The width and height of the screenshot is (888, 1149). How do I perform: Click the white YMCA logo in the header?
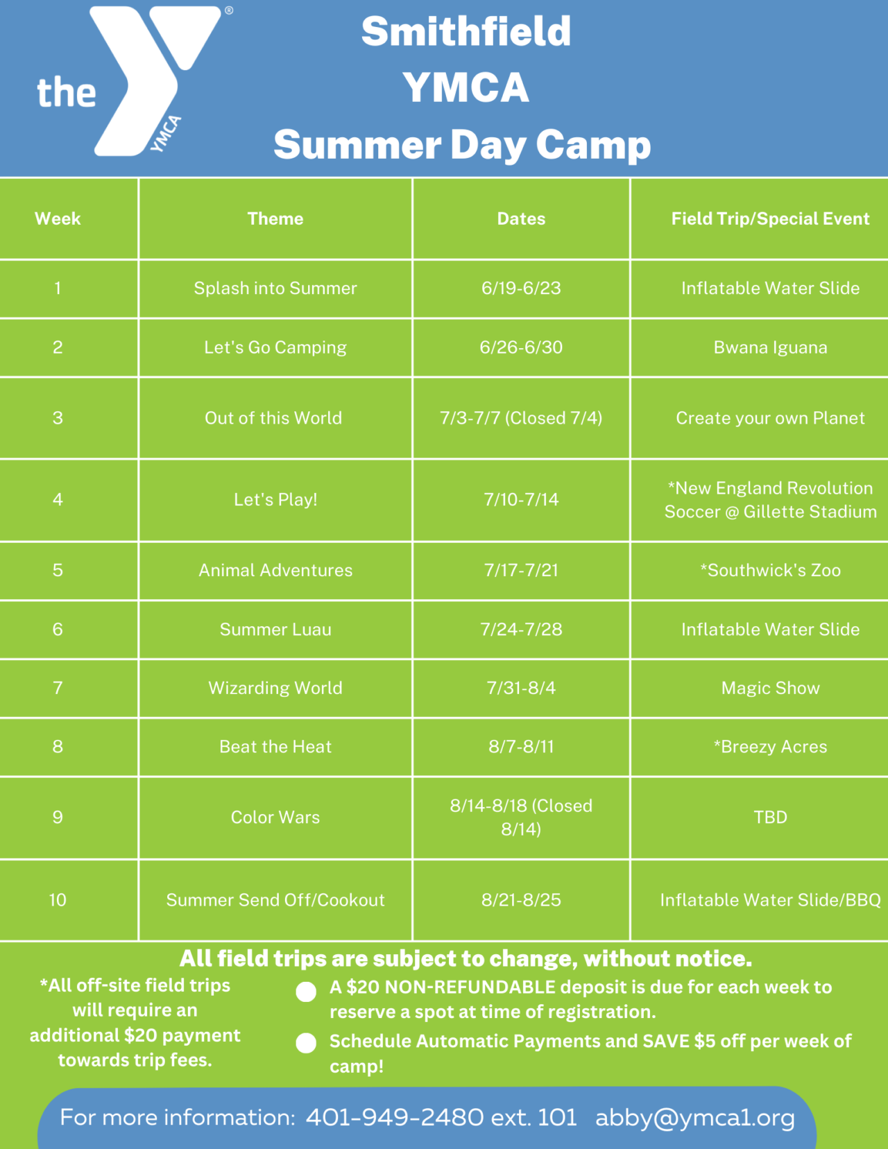[x=139, y=80]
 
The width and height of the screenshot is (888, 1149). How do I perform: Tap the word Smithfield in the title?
[x=466, y=32]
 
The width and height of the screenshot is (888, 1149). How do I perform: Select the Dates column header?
[x=521, y=218]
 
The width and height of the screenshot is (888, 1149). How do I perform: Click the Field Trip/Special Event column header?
[x=770, y=218]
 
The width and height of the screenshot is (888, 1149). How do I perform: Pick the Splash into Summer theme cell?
[x=275, y=288]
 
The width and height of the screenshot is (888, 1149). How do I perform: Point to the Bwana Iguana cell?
[x=770, y=347]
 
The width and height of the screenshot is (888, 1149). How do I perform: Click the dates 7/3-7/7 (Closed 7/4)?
[x=521, y=418]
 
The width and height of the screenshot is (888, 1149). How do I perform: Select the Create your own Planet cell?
[x=770, y=418]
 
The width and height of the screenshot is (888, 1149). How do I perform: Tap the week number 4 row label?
[x=58, y=499]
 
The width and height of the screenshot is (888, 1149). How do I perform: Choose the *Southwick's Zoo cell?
[x=770, y=570]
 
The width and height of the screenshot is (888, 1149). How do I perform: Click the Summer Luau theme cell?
[x=275, y=630]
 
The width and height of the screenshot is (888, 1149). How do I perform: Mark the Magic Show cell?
[x=770, y=688]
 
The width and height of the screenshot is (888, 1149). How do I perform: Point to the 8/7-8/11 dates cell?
[x=521, y=747]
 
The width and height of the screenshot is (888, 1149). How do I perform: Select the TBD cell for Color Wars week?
[x=770, y=817]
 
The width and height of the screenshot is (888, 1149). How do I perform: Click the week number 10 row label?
[x=58, y=900]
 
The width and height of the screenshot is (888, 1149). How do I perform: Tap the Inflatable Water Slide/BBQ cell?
[x=770, y=900]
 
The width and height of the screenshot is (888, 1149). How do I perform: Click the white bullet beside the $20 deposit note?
[x=306, y=992]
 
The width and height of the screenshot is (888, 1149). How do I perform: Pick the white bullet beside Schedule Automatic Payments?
[x=306, y=1043]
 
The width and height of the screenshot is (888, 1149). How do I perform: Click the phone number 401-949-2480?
[x=395, y=1117]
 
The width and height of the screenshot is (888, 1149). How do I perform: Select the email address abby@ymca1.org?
[x=694, y=1117]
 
